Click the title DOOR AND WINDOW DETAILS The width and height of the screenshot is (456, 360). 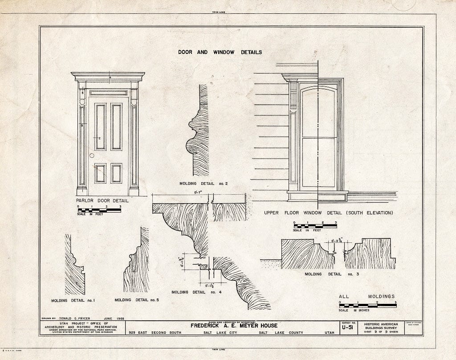[x=220, y=52]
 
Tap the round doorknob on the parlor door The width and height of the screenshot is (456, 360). [x=92, y=156]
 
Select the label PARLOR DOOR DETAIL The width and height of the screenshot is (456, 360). [x=105, y=200]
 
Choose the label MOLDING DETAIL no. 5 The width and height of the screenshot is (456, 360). [x=136, y=300]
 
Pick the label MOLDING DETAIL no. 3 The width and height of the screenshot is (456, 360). [x=331, y=274]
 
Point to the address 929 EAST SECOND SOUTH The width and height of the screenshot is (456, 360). [x=151, y=333]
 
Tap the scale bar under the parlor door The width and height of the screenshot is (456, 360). [x=99, y=210]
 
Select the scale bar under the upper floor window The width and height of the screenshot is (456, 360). [x=315, y=226]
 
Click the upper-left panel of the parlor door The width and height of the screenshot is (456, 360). [x=100, y=127]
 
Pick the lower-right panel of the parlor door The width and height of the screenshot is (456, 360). [x=116, y=173]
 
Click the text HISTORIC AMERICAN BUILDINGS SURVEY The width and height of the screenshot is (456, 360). [x=379, y=327]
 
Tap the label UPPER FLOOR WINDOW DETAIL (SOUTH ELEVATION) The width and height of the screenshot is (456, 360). [x=328, y=213]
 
